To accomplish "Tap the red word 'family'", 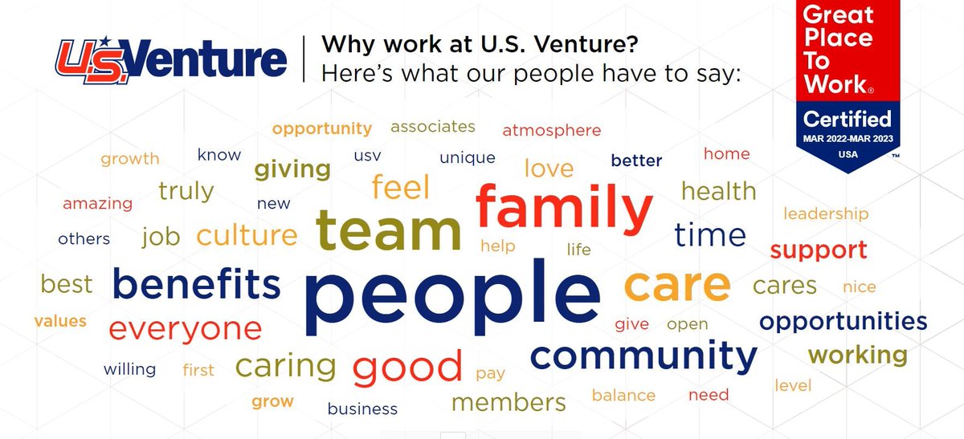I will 564,207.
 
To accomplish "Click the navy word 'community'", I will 643,356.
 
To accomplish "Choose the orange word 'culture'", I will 247,236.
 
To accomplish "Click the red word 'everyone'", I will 185,328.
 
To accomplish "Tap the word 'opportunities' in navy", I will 843,322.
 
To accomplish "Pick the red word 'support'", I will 819,250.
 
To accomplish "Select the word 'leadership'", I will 826,213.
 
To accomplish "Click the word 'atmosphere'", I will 551,130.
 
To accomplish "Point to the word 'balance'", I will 623,395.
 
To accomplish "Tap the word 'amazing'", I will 97,203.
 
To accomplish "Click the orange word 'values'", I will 60,321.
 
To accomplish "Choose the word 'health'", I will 718,191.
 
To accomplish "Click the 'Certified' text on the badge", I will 848,120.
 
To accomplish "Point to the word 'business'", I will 362,409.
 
